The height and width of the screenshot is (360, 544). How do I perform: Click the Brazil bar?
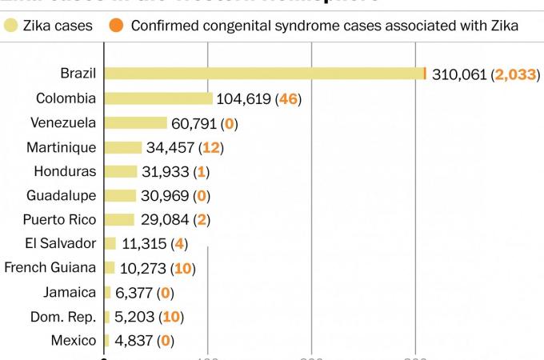click(264, 74)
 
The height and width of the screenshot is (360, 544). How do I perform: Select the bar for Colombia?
click(158, 98)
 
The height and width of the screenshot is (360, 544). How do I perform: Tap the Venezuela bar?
click(135, 122)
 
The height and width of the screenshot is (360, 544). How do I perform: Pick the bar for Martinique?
click(122, 147)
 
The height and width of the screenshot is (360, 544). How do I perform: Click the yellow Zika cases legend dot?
click(10, 26)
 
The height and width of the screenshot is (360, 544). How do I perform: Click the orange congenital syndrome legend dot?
click(117, 26)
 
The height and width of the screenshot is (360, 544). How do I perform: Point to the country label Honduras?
click(65, 171)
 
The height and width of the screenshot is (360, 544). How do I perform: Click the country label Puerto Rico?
click(59, 219)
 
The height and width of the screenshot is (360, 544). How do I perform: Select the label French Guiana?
click(50, 267)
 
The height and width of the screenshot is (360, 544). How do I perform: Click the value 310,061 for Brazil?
click(459, 75)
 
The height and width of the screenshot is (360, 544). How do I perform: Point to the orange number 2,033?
click(515, 75)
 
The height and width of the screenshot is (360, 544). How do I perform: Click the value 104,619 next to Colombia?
click(243, 99)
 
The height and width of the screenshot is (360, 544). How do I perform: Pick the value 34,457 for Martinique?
click(172, 148)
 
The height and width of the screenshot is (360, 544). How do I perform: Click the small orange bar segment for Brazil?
click(425, 74)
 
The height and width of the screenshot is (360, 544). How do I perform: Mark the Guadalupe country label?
click(61, 195)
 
